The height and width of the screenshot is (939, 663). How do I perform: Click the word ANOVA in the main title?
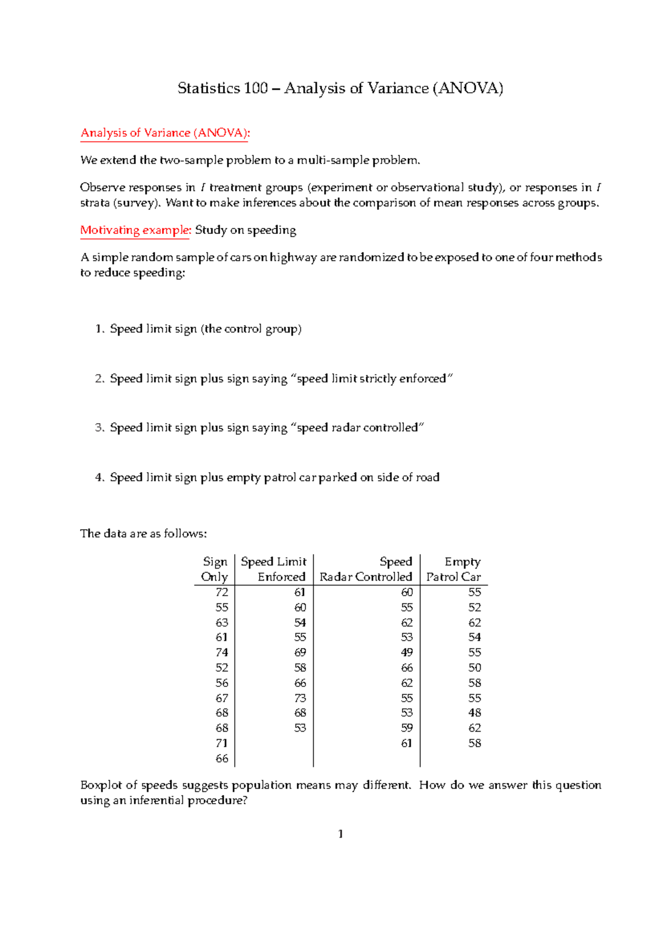click(467, 88)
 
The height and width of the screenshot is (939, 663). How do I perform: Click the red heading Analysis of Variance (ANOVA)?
click(165, 133)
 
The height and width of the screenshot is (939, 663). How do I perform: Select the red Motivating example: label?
click(135, 230)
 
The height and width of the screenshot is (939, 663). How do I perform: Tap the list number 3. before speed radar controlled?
click(99, 428)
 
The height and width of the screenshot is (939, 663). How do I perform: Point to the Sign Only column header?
click(215, 569)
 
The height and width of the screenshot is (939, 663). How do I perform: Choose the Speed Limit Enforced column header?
click(274, 569)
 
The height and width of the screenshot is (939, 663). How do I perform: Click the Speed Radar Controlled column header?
click(366, 569)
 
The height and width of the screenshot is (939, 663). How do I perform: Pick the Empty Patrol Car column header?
click(454, 569)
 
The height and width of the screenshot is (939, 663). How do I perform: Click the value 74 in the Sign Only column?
click(222, 653)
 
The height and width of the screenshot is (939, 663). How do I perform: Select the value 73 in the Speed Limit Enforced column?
click(300, 698)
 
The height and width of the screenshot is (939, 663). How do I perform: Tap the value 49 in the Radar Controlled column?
click(407, 653)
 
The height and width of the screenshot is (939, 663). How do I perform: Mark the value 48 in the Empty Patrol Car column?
click(475, 713)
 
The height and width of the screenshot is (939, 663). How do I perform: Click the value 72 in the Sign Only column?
click(222, 592)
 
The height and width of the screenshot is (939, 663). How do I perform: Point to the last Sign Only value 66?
click(222, 759)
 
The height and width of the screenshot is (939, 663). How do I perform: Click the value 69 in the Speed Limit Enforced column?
click(300, 653)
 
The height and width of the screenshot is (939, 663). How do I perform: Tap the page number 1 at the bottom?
click(340, 834)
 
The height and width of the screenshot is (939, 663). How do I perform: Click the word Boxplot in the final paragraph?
click(101, 785)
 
